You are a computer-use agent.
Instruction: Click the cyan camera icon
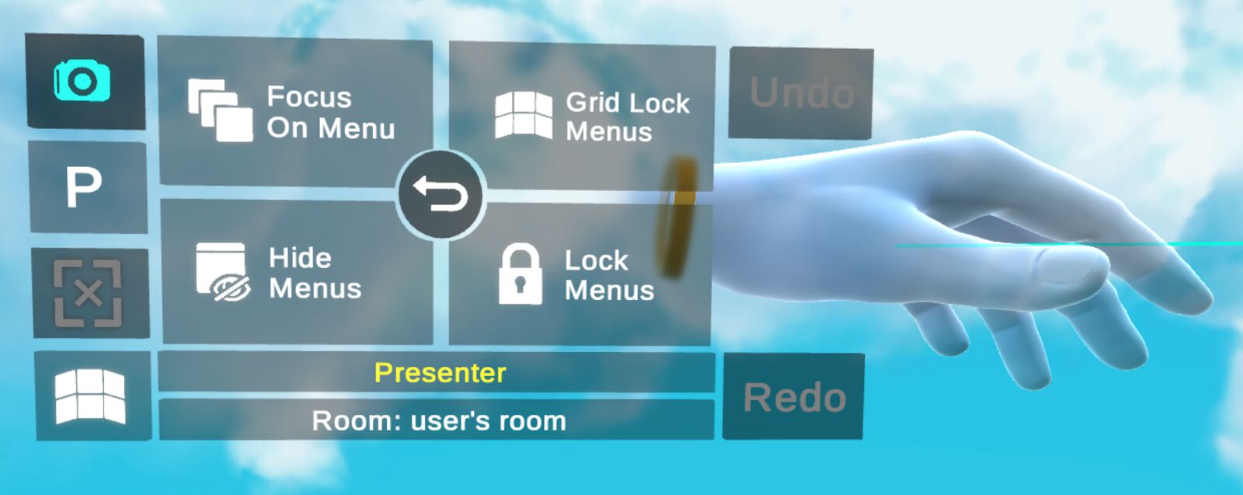coord(82,82)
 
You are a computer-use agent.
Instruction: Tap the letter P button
coord(84,187)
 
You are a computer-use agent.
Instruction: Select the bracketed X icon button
coord(88,294)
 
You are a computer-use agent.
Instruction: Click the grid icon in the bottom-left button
coord(90,396)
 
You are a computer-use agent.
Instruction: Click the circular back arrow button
coord(440,195)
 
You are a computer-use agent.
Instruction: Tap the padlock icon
coord(520,274)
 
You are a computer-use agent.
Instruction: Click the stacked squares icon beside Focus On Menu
coord(220,110)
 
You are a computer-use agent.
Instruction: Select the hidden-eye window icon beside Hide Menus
coord(222,271)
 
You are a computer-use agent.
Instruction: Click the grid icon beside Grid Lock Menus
coord(524,117)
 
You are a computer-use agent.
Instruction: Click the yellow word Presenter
coord(440,373)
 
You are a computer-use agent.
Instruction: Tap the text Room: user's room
coord(439,421)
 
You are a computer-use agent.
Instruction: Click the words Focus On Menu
coord(330,113)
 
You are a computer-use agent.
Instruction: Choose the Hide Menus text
coord(315,273)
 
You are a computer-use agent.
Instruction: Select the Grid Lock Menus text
coord(627,117)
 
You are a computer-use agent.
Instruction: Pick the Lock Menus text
coord(609,275)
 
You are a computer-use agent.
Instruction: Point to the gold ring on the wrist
coord(678,218)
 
